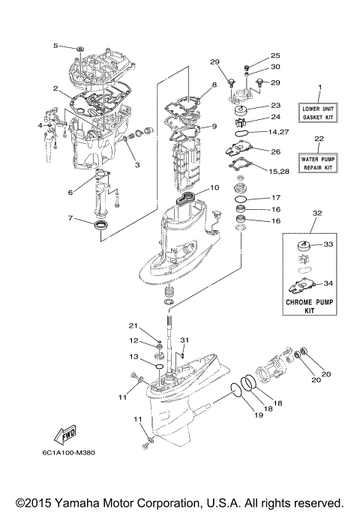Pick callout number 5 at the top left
[55, 46]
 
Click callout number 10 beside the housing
[214, 187]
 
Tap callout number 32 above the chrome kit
[317, 214]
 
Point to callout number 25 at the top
[274, 55]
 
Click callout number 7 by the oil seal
[70, 219]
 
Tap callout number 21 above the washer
[134, 325]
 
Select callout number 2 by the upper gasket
[55, 89]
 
